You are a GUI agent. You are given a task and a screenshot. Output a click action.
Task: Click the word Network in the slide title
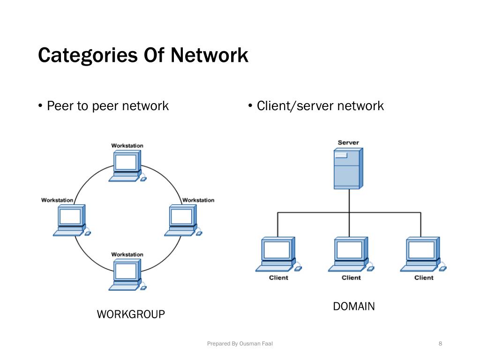(210, 55)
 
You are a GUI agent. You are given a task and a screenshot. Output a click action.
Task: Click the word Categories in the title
(88, 56)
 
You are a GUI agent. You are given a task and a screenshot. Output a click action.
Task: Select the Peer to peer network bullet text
(108, 106)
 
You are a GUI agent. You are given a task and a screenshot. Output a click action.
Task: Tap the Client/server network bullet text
(320, 106)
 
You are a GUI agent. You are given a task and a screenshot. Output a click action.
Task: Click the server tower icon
(348, 168)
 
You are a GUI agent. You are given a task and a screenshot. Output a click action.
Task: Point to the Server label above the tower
(348, 142)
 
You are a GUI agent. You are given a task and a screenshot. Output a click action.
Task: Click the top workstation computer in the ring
(127, 166)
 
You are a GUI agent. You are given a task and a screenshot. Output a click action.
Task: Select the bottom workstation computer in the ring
(127, 275)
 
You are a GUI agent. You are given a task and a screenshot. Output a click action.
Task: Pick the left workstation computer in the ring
(72, 220)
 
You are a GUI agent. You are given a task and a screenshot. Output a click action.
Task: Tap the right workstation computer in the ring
(183, 220)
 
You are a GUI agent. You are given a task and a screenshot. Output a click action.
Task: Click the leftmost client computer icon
(278, 255)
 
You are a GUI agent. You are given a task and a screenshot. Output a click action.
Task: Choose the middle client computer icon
(351, 255)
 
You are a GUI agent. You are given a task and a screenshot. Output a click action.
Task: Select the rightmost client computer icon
(423, 255)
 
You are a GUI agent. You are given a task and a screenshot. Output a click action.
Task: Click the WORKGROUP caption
(131, 315)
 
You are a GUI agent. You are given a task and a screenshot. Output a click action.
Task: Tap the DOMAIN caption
(354, 307)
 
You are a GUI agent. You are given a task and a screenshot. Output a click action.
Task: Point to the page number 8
(440, 344)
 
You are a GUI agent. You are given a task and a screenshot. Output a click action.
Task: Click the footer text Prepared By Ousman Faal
(240, 344)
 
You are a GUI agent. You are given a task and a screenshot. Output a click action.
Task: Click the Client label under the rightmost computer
(424, 277)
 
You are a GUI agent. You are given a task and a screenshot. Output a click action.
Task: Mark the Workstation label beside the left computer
(57, 200)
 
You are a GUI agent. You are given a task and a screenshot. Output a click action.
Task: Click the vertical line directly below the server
(349, 213)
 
